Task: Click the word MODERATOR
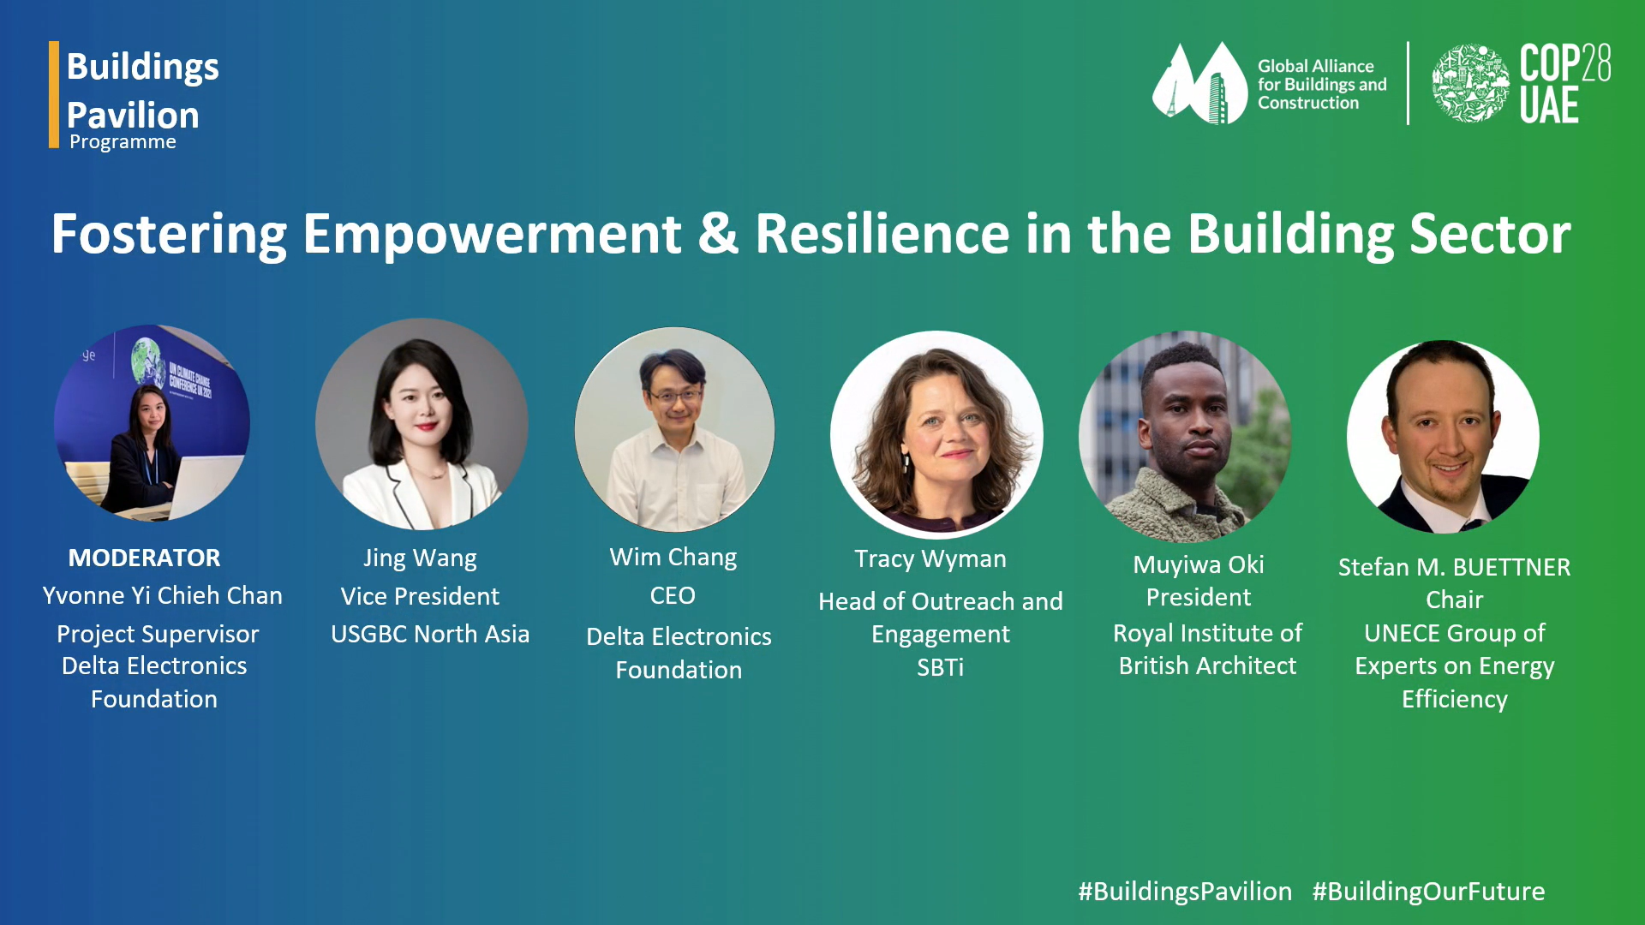(144, 558)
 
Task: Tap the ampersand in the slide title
(718, 234)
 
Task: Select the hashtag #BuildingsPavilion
(1185, 892)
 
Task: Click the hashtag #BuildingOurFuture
(1428, 892)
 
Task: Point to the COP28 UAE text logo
(1565, 84)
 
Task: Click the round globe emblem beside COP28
(1471, 84)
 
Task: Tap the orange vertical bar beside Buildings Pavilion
(54, 94)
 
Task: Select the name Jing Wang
(420, 558)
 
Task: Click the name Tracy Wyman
(930, 559)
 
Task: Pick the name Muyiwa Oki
(1198, 565)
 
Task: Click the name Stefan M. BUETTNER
(1454, 567)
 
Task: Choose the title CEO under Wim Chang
(673, 595)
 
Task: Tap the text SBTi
(940, 667)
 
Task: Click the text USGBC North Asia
(430, 634)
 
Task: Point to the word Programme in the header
(123, 142)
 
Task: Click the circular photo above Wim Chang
(674, 429)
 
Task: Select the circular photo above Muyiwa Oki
(1185, 437)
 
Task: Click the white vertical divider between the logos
(1408, 83)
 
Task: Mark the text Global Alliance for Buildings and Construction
(1322, 84)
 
